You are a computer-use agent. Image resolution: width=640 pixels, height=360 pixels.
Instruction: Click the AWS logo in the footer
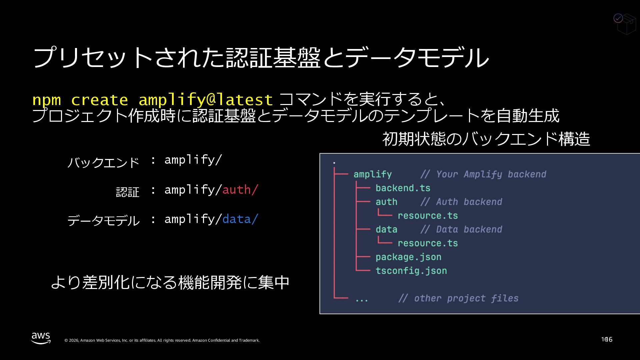click(41, 338)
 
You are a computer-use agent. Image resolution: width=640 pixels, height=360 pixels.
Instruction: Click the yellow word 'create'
click(99, 100)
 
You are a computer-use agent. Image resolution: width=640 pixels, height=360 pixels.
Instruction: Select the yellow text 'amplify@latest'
click(206, 100)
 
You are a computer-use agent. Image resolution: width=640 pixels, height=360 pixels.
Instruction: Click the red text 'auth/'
click(240, 190)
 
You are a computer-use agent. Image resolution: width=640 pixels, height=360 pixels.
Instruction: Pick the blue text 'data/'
click(240, 219)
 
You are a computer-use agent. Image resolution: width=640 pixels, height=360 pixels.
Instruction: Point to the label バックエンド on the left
click(103, 162)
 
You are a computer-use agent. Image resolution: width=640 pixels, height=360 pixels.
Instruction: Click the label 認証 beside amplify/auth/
click(128, 192)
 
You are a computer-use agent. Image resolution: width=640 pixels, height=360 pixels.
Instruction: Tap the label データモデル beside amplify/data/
click(103, 221)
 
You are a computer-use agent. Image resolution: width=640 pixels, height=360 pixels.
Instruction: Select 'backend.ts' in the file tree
click(403, 188)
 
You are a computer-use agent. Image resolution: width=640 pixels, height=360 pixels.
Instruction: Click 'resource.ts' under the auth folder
click(428, 216)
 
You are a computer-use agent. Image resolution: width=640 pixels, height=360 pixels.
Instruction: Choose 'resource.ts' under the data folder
click(428, 243)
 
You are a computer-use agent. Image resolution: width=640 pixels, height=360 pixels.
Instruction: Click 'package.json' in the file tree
click(408, 257)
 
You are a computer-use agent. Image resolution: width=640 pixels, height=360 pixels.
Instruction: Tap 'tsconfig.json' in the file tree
click(411, 271)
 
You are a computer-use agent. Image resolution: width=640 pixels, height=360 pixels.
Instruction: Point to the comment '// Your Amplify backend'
click(483, 174)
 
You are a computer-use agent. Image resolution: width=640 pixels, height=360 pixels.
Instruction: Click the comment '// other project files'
click(458, 298)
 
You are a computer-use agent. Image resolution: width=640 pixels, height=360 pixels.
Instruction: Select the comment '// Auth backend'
click(461, 202)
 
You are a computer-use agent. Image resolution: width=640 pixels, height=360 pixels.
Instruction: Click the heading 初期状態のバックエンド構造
click(486, 139)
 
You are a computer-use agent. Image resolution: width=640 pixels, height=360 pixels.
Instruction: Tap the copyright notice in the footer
click(162, 340)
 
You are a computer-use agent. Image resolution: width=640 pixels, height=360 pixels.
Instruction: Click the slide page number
click(607, 339)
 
